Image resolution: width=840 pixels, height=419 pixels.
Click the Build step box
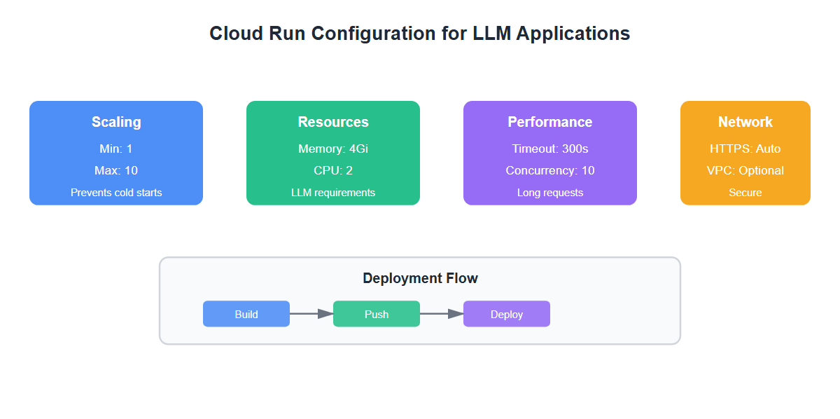tap(246, 314)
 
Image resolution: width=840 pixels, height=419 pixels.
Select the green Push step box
tap(377, 314)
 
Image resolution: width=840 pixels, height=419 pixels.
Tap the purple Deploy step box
tap(507, 314)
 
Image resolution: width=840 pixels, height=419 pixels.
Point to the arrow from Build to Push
tap(311, 314)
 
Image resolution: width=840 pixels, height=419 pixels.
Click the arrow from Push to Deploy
tap(442, 314)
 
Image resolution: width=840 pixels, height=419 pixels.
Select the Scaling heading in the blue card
tap(116, 122)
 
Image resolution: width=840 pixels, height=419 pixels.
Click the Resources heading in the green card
tap(333, 122)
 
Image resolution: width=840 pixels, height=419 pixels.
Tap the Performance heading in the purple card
tap(550, 122)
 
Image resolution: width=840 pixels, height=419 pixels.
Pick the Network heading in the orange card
tap(745, 122)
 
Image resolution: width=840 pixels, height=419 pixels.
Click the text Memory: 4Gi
tap(333, 149)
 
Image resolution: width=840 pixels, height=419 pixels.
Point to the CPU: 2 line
tap(333, 170)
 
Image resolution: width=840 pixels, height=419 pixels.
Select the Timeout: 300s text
tap(550, 149)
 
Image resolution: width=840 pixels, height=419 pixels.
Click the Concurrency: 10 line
tap(550, 170)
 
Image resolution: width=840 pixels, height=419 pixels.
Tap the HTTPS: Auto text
tap(745, 149)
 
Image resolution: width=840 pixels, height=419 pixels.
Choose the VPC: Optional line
tap(745, 170)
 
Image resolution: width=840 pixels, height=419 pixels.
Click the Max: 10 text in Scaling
tap(116, 170)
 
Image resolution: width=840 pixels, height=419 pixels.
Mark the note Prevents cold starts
tap(116, 192)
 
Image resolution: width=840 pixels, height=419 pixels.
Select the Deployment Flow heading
tap(420, 278)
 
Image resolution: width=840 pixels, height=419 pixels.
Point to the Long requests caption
tap(550, 192)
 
